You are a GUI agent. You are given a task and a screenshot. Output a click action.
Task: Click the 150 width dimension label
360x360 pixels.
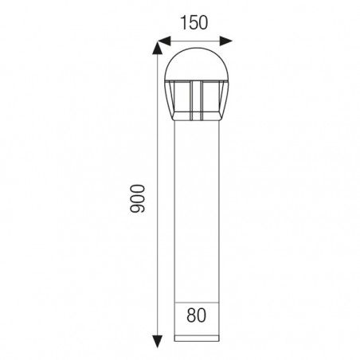coord(194,22)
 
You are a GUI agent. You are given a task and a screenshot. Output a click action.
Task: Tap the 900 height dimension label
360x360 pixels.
coord(137,198)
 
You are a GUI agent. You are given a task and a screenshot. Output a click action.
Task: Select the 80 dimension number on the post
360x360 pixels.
coord(196,315)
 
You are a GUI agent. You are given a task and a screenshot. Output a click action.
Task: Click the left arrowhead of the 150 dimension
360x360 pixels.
coord(164,41)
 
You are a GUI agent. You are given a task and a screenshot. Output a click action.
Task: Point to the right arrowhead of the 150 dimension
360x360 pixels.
coord(226,41)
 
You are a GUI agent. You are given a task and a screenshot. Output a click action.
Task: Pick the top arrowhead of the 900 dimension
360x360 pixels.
coord(158,48)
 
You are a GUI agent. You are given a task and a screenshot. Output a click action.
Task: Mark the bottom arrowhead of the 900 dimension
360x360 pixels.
coord(158,342)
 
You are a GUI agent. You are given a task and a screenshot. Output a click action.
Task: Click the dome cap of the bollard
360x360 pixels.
coord(197,65)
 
